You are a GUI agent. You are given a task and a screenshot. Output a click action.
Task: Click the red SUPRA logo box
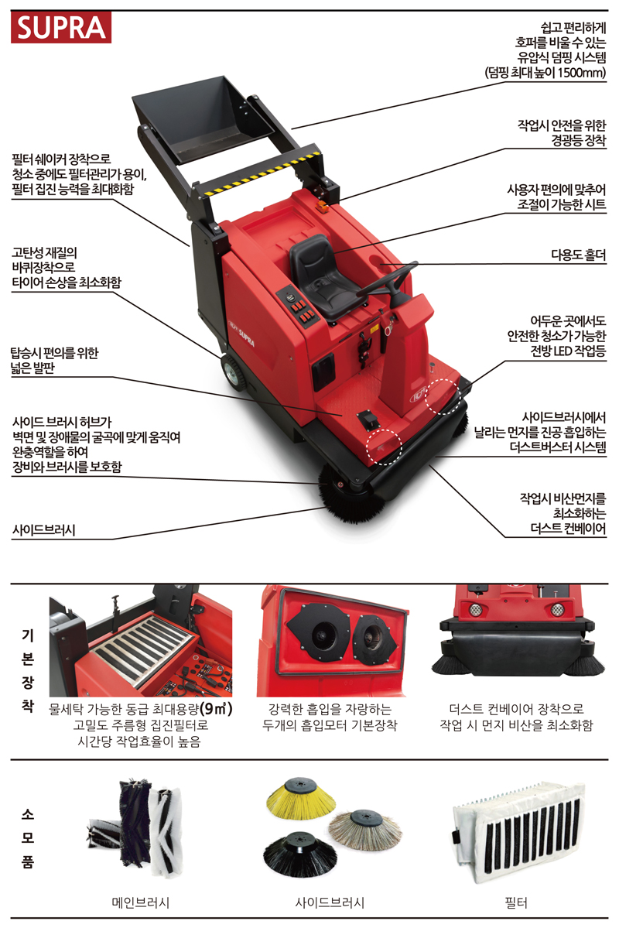(x=61, y=28)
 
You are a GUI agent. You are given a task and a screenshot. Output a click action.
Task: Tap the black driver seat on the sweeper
(x=316, y=276)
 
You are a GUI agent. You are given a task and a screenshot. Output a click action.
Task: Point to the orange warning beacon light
(x=323, y=205)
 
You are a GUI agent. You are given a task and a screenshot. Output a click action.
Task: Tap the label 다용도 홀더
(x=578, y=255)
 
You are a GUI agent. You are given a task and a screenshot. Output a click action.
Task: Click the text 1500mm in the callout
(x=582, y=73)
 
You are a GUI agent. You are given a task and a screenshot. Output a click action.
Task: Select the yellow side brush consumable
(x=301, y=800)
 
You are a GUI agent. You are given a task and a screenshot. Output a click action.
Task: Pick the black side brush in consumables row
(x=300, y=854)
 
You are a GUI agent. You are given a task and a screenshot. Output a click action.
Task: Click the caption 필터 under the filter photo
(x=515, y=902)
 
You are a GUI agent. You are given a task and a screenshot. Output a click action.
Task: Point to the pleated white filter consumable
(x=519, y=831)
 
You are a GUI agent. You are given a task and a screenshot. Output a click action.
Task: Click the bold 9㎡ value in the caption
(x=216, y=708)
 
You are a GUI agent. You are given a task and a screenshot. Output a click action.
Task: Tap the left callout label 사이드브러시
(x=44, y=529)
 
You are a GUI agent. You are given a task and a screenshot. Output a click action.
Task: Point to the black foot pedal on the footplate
(x=368, y=419)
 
